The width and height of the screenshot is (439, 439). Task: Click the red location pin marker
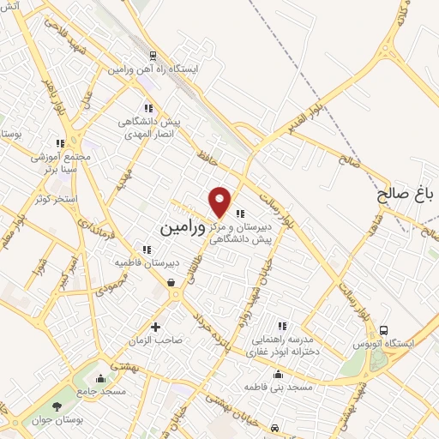220,201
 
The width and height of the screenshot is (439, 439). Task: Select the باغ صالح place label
406,195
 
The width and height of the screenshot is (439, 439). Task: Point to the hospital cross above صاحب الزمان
155,326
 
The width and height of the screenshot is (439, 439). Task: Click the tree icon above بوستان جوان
57,406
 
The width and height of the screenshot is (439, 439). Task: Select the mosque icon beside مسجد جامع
101,378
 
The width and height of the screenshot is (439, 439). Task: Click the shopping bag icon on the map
172,282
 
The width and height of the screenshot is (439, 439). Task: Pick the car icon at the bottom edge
273,427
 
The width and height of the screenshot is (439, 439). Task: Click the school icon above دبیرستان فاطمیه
147,250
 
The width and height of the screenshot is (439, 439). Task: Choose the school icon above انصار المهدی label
148,109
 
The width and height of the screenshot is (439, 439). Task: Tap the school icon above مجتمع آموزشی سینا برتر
59,143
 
